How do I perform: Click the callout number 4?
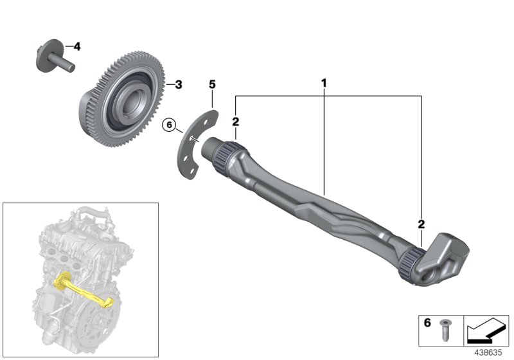point(77,46)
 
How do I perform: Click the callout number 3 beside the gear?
point(179,84)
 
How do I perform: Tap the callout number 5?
point(213,84)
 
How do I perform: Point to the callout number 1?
point(324,83)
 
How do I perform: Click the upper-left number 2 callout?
point(236,121)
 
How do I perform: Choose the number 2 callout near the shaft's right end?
point(421,224)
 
